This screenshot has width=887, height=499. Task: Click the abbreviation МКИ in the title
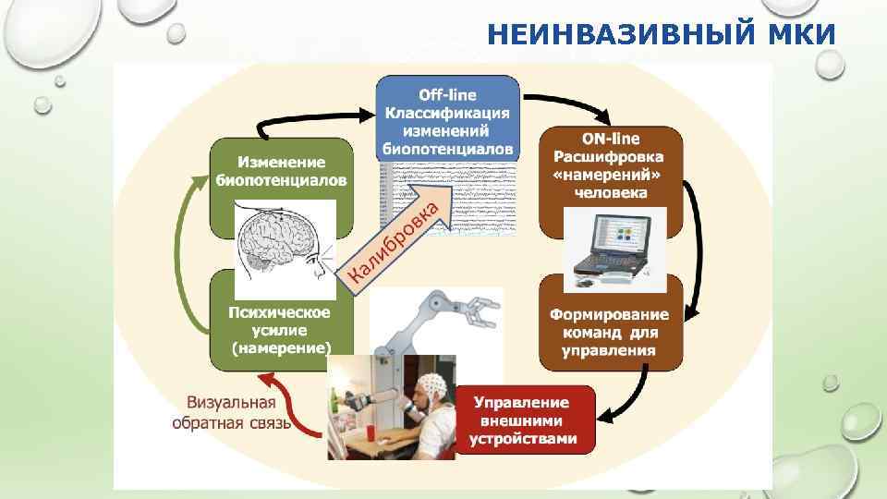coord(803,34)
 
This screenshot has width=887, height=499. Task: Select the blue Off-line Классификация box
coord(447,119)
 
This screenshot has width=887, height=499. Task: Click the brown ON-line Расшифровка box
coord(610,164)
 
